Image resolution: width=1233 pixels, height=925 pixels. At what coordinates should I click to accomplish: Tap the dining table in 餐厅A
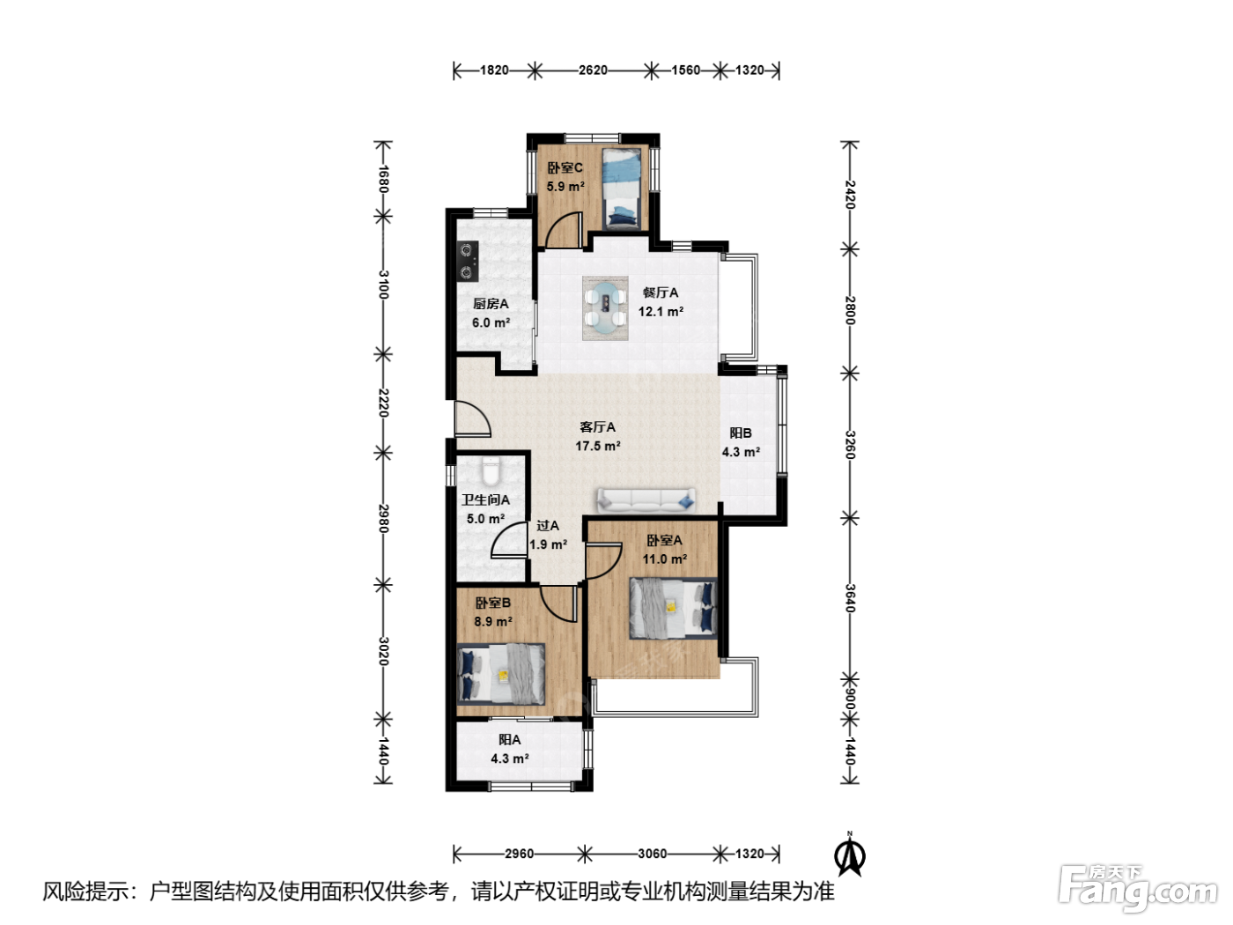tap(605, 307)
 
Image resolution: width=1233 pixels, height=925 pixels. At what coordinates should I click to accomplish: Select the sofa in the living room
tap(646, 499)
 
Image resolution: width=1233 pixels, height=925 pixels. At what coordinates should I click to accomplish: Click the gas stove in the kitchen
tap(468, 261)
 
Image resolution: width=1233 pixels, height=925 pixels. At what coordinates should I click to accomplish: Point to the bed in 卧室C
tap(621, 189)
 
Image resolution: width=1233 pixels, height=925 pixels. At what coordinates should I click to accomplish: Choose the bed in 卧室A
tap(673, 608)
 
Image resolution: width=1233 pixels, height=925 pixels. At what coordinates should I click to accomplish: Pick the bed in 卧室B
tap(500, 674)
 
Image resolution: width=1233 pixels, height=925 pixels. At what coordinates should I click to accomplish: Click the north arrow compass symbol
tap(849, 855)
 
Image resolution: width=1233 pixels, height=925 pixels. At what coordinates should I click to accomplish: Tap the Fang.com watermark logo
tap(1138, 888)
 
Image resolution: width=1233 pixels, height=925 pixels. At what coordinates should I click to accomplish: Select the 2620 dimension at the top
tap(594, 70)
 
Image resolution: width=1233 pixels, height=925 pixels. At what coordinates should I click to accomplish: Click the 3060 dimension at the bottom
tap(653, 854)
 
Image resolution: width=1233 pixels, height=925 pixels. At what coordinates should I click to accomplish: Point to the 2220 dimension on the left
tap(384, 403)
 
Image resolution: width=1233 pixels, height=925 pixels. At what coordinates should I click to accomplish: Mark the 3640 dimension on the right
tap(850, 598)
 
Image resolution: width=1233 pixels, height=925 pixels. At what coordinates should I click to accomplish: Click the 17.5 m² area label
tap(598, 446)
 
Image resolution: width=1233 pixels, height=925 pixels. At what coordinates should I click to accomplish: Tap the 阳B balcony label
tap(741, 433)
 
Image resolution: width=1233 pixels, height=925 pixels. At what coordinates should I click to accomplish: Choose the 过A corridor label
tap(547, 526)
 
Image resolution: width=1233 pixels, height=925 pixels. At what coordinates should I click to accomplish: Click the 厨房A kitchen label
tap(491, 304)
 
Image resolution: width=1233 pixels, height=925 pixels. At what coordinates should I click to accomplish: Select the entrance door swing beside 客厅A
tap(472, 418)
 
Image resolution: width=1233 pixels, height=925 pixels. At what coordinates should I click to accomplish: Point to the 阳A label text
tap(509, 740)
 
